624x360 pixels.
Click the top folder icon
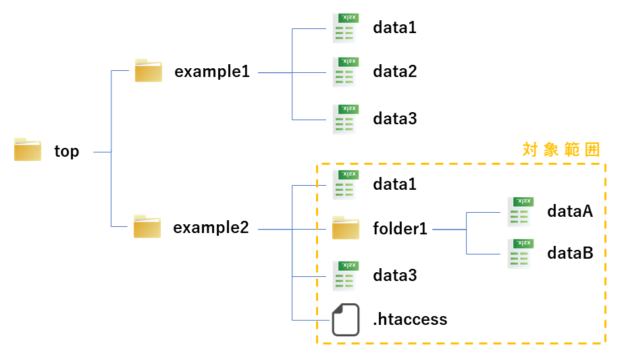pyautogui.click(x=28, y=150)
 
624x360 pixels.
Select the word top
pyautogui.click(x=67, y=151)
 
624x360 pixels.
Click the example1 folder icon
pyautogui.click(x=148, y=71)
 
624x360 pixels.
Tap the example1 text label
pyautogui.click(x=212, y=72)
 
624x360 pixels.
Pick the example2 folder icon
pyautogui.click(x=147, y=227)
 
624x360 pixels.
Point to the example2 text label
pyautogui.click(x=211, y=228)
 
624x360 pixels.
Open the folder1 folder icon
pyautogui.click(x=346, y=229)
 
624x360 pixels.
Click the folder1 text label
pyautogui.click(x=400, y=229)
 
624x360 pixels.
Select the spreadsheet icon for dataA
pyautogui.click(x=519, y=212)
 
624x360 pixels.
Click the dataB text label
pyautogui.click(x=570, y=253)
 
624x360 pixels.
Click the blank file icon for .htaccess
pyautogui.click(x=346, y=319)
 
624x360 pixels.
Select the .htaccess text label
pyautogui.click(x=410, y=319)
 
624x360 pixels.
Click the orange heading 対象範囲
pyautogui.click(x=561, y=150)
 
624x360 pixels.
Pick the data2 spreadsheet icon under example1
pyautogui.click(x=344, y=72)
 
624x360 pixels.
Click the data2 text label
pyautogui.click(x=395, y=72)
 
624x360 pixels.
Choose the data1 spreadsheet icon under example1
pyautogui.click(x=344, y=28)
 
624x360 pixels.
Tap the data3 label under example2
pyautogui.click(x=395, y=276)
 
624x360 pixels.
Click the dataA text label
pyautogui.click(x=570, y=211)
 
